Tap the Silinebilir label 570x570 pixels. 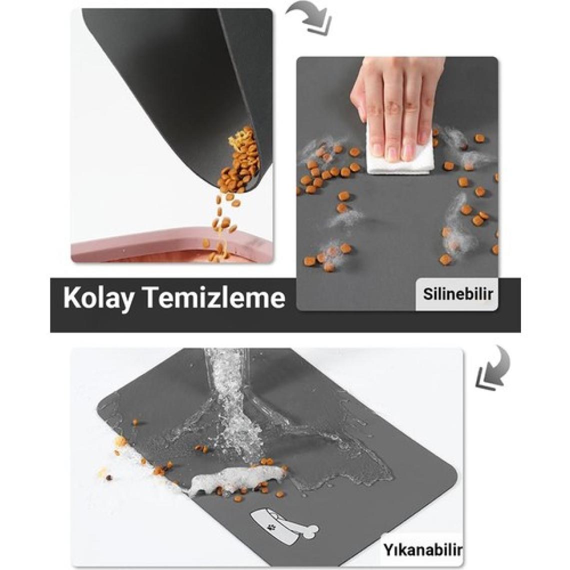pyautogui.click(x=457, y=294)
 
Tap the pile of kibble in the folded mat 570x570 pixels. pyautogui.click(x=240, y=160)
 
